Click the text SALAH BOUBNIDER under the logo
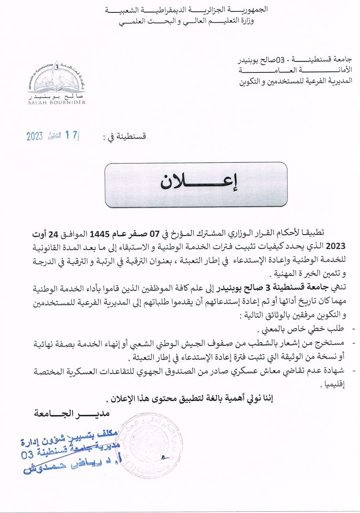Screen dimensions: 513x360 pyautogui.click(x=56, y=102)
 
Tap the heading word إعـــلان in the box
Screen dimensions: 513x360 pyautogui.click(x=196, y=182)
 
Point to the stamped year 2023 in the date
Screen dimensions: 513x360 pyautogui.click(x=35, y=136)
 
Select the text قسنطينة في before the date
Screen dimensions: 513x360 pyautogui.click(x=125, y=137)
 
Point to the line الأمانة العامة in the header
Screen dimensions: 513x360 pyautogui.click(x=296, y=70)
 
